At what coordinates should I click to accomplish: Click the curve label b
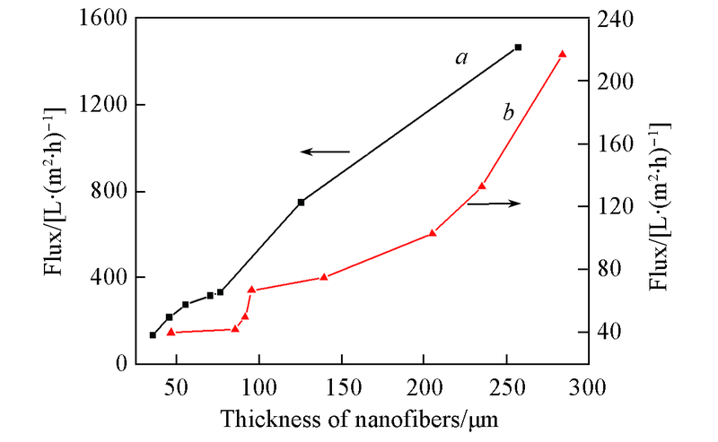[x=508, y=113]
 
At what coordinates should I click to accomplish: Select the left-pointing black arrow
[x=324, y=152]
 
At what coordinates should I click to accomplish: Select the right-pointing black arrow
[x=493, y=204]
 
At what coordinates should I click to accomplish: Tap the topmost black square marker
[x=518, y=48]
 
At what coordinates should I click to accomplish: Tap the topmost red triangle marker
[x=563, y=55]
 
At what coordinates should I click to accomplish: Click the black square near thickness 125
[x=301, y=202]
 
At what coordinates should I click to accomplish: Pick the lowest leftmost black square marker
[x=153, y=335]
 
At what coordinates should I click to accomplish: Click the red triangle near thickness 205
[x=433, y=233]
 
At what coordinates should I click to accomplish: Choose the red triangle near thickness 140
[x=324, y=277]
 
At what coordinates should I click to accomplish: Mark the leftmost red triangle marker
[x=171, y=332]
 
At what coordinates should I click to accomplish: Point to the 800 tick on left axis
[x=112, y=192]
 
